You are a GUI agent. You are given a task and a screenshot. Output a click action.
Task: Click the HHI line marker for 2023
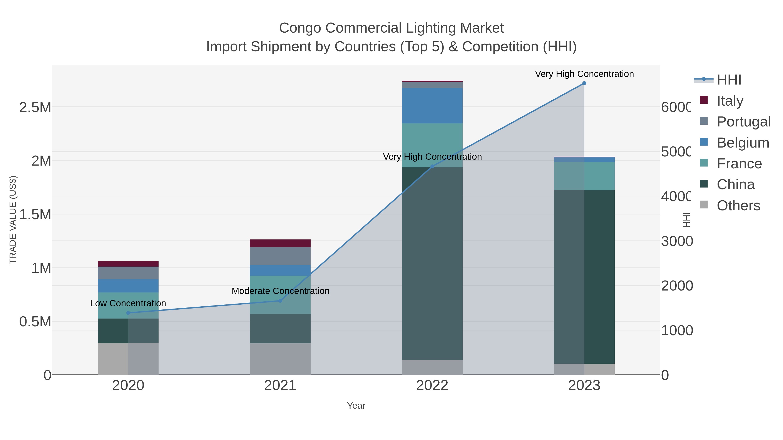click(x=584, y=83)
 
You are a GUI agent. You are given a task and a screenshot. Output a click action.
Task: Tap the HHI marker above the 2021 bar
click(x=280, y=301)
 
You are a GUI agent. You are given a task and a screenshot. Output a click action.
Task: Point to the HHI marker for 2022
click(x=432, y=166)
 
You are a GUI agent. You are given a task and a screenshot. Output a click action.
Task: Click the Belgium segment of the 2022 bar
click(x=432, y=106)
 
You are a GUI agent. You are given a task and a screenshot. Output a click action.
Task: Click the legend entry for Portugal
click(x=743, y=121)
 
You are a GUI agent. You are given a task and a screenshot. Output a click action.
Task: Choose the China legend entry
click(x=735, y=184)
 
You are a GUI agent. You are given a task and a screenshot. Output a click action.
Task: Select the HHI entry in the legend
click(x=729, y=80)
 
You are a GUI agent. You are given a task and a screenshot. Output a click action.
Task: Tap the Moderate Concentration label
click(x=280, y=291)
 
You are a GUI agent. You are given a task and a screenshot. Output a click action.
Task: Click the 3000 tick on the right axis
click(x=677, y=241)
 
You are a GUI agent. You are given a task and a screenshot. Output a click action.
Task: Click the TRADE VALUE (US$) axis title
click(x=13, y=220)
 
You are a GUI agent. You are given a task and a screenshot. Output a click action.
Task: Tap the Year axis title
click(x=356, y=406)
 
